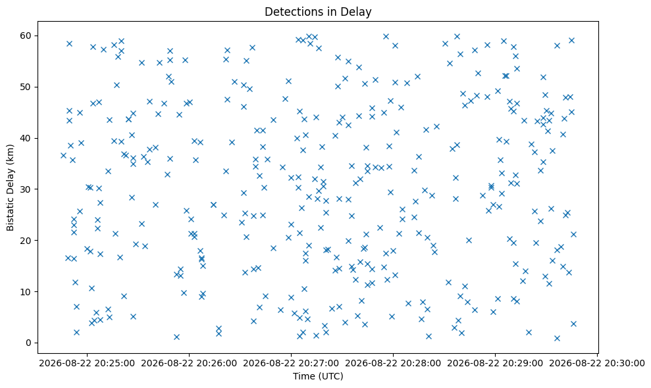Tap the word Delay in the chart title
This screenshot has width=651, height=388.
[359, 12]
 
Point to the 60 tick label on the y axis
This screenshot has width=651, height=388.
[26, 36]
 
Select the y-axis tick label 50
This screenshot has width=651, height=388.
[26, 87]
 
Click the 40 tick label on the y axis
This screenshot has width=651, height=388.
[26, 138]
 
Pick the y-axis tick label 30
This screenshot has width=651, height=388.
[26, 189]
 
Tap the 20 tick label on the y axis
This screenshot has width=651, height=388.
[26, 241]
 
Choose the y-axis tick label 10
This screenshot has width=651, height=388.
[26, 292]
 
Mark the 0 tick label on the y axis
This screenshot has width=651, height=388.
[30, 343]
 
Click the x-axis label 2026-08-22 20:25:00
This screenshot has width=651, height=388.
[87, 364]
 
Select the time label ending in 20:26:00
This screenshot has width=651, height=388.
[189, 364]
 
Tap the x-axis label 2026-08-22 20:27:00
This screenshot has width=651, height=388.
[291, 364]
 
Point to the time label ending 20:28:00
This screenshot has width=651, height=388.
[393, 364]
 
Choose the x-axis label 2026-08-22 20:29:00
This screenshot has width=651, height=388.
[495, 364]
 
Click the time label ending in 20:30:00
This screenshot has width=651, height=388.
[597, 364]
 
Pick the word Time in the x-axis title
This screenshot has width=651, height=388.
[304, 376]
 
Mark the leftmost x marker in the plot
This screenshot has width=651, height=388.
[64, 156]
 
